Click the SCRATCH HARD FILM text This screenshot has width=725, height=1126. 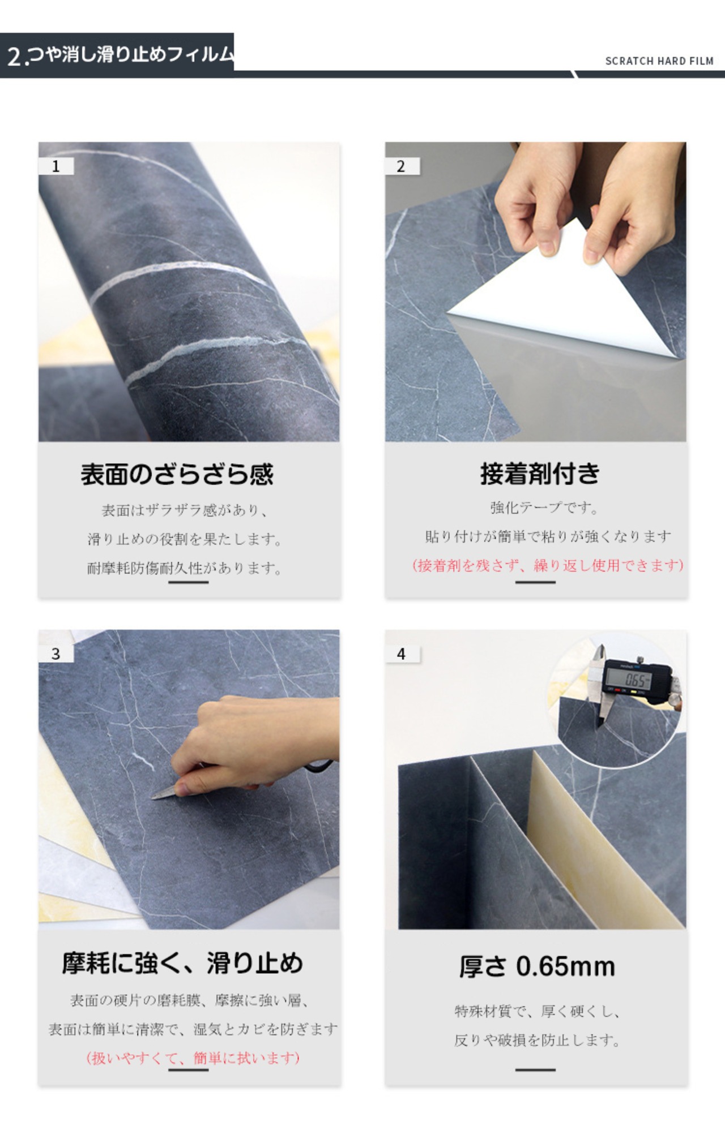[x=659, y=61]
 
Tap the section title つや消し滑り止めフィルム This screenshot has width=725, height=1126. [x=131, y=55]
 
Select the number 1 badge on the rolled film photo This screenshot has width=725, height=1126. [x=56, y=166]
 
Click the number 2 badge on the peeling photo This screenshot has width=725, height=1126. [x=402, y=166]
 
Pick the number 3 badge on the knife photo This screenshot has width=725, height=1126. [x=56, y=654]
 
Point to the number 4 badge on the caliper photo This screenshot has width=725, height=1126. [x=402, y=654]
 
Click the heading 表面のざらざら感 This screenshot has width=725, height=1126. [x=177, y=474]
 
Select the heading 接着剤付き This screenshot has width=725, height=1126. [x=540, y=474]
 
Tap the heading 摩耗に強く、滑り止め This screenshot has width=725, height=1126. [x=182, y=963]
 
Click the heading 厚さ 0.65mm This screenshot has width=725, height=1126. [x=537, y=966]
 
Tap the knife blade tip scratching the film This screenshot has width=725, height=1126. [x=153, y=798]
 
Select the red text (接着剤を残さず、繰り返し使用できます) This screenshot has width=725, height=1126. [x=548, y=565]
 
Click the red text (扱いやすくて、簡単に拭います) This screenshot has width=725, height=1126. [x=193, y=1058]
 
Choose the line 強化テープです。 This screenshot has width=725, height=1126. [x=544, y=508]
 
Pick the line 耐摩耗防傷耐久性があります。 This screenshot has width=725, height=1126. [x=185, y=568]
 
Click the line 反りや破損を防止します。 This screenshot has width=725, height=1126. [x=537, y=1040]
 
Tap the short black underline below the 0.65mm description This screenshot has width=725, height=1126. [x=535, y=1069]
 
